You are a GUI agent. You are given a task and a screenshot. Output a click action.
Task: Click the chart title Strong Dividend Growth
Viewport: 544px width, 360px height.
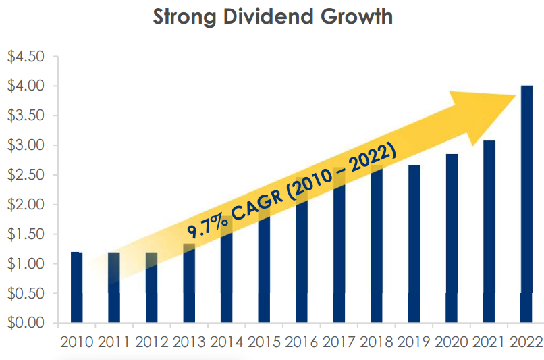coord(273,16)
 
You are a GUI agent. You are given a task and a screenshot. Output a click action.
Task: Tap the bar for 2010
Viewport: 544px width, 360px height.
coord(76,287)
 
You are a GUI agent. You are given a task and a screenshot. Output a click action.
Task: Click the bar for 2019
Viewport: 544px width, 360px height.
coord(414,243)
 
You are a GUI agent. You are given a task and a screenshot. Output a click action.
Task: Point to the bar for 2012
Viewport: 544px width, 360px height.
coord(151,287)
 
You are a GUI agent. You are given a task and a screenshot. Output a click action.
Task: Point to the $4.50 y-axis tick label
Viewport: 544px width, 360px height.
coord(26,56)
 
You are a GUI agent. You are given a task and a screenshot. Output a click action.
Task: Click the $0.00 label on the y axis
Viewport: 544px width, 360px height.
coord(26,323)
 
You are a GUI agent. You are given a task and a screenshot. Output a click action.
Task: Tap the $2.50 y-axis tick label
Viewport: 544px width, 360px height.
coord(26,175)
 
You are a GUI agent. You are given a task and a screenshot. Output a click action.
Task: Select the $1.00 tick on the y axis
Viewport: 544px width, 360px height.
coord(26,264)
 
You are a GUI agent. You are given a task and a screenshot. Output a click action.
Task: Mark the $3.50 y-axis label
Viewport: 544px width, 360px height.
coord(26,115)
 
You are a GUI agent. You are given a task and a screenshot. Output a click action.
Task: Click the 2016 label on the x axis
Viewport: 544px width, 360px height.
coord(302,342)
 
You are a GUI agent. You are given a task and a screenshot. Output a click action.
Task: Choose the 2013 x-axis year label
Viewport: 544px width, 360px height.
coord(189,342)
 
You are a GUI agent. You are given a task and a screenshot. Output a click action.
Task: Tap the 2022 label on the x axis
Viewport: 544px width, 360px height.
coord(526,342)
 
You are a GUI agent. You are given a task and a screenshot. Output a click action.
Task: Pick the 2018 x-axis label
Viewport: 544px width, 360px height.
coord(377,342)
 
